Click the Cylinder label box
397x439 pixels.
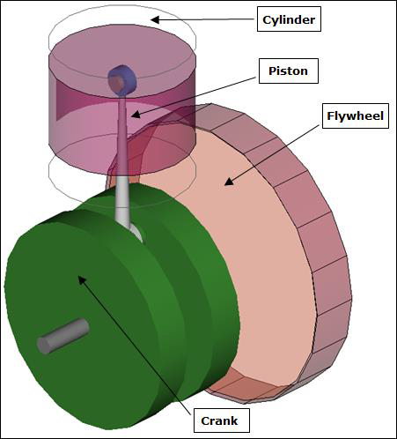point(289,19)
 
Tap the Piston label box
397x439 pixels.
point(289,71)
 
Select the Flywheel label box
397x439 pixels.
point(356,115)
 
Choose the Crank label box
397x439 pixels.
point(222,420)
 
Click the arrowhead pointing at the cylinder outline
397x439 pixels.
point(155,19)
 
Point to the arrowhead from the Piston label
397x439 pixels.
point(136,114)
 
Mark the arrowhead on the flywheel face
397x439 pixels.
point(229,182)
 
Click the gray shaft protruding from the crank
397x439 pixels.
point(63,336)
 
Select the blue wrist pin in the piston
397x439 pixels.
point(122,80)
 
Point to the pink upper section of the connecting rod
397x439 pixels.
point(122,135)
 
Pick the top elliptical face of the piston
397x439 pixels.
point(122,63)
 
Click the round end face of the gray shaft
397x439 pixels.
point(44,346)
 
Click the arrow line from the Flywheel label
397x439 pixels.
point(272,154)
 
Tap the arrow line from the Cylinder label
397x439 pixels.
point(202,19)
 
